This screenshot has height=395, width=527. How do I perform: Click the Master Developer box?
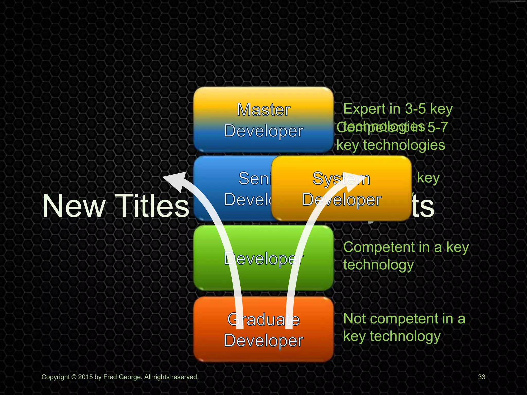coord(263,120)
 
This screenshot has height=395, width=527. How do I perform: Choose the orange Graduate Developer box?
coord(263,329)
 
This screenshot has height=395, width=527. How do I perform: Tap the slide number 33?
coord(481,377)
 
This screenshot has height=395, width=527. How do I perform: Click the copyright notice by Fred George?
coord(120,377)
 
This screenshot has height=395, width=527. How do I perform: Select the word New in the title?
coord(74,206)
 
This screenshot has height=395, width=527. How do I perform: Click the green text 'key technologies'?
coord(391,145)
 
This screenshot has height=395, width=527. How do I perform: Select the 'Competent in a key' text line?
coord(406,247)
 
